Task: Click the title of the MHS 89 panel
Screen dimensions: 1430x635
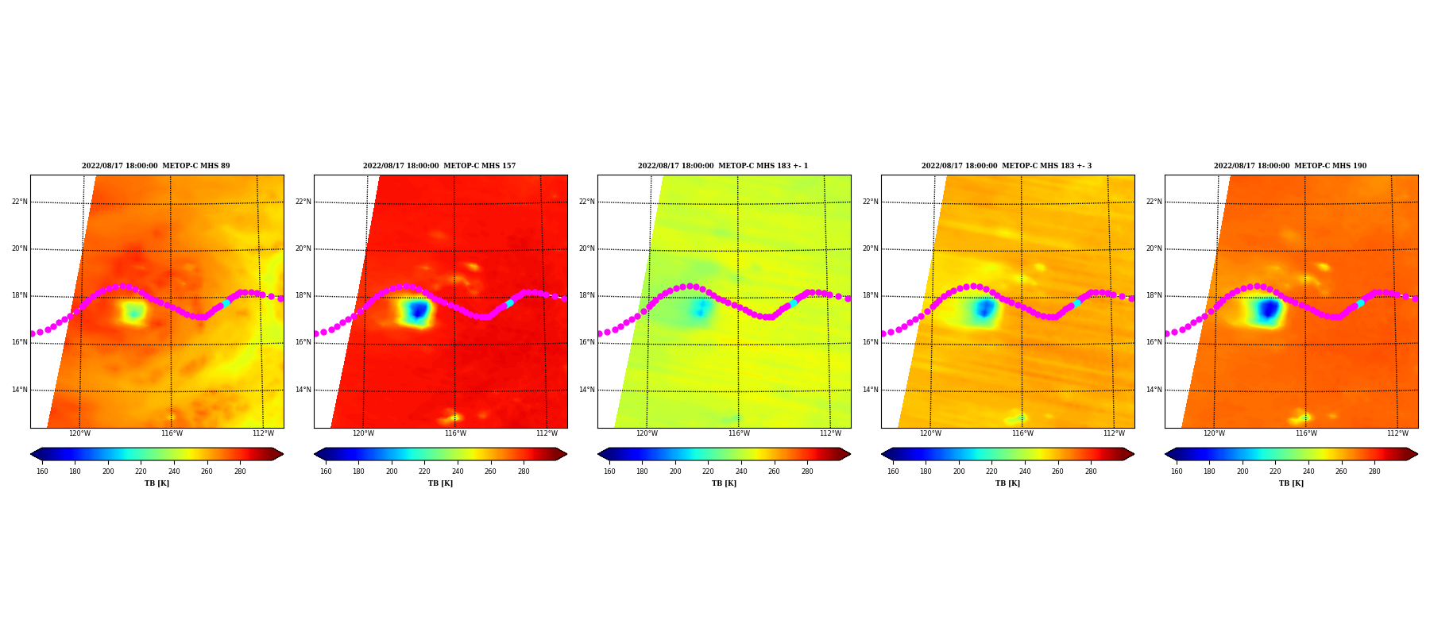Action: pos(156,166)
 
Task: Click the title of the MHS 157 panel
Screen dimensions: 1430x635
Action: pos(439,166)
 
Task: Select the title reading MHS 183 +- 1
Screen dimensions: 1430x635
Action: pos(723,166)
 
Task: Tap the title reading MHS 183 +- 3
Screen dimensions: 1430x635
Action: pos(1007,166)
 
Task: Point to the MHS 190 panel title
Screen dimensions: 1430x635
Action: pos(1290,166)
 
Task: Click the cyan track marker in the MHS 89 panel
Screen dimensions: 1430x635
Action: pos(226,302)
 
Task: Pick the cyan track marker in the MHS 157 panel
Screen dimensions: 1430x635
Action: pos(510,302)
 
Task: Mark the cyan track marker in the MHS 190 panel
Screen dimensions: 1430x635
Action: pos(1361,302)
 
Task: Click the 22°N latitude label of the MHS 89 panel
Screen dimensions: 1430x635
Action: pos(20,202)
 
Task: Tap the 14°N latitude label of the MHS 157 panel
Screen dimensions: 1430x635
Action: pos(303,390)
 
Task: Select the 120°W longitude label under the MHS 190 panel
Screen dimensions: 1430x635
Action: pos(1214,433)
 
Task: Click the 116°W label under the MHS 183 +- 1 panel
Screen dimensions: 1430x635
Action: pos(739,433)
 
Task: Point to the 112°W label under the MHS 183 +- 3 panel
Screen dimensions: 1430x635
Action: pos(1114,433)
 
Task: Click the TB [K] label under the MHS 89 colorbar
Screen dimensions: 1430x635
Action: pos(157,483)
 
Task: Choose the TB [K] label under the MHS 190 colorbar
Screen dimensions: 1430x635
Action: pos(1291,483)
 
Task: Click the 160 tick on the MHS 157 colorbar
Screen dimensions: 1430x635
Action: pos(326,471)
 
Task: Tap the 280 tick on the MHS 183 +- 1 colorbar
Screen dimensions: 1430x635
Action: pos(807,471)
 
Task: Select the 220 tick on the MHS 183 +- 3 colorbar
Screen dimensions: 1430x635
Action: pos(991,471)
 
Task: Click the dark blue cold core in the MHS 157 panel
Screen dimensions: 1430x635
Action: pos(417,311)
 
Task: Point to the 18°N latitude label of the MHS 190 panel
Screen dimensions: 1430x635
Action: pos(1154,295)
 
